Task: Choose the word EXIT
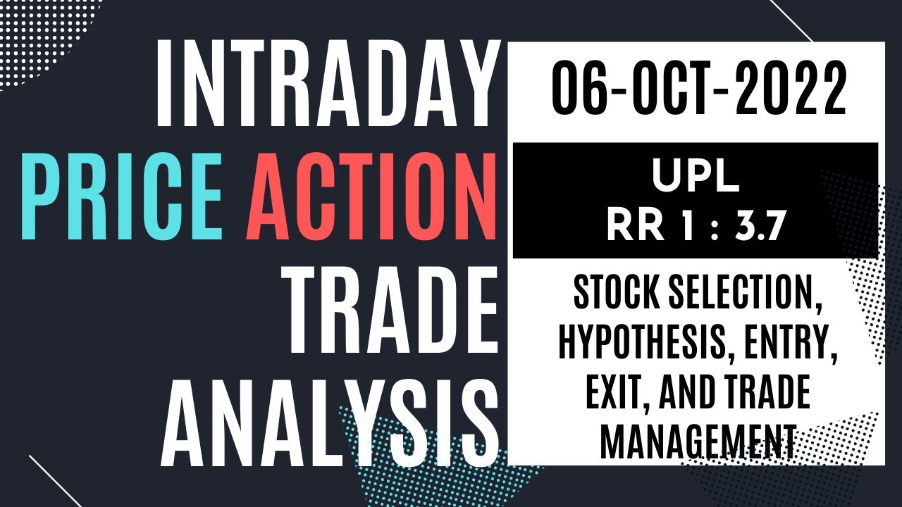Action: pos(614,396)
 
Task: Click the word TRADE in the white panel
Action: pos(768,396)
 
